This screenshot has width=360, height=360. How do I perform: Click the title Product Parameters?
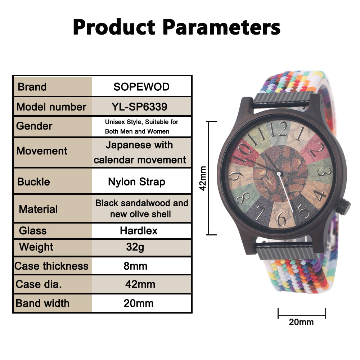click(176, 27)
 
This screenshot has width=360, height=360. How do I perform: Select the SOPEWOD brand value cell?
click(141, 87)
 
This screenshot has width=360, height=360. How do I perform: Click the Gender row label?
click(34, 126)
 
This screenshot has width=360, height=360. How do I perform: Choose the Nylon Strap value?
click(136, 182)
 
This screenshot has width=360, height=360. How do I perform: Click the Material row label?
click(38, 209)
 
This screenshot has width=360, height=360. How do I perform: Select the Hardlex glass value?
click(139, 231)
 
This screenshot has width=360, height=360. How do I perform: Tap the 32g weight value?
click(135, 248)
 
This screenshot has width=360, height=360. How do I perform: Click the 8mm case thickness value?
click(135, 266)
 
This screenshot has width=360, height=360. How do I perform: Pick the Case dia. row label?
click(39, 284)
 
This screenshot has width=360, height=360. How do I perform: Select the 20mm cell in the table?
click(139, 303)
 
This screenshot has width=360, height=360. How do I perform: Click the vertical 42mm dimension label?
click(203, 178)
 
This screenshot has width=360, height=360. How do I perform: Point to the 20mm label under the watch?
click(301, 322)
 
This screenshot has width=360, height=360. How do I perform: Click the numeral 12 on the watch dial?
click(278, 129)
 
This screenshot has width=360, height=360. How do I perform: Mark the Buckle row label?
click(33, 181)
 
